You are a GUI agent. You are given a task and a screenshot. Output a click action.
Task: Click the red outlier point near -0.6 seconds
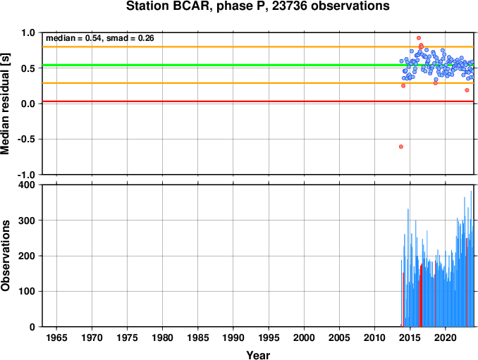(x=401, y=147)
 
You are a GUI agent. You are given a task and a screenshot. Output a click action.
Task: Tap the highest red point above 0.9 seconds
(x=419, y=38)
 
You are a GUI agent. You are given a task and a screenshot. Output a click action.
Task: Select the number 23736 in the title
(x=289, y=6)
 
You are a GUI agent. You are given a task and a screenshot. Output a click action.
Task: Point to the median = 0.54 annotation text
(x=73, y=38)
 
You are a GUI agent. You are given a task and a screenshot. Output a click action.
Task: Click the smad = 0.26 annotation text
(x=130, y=38)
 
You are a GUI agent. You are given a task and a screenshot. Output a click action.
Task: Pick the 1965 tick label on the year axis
(x=56, y=337)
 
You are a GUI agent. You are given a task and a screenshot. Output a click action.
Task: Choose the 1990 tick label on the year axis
(x=233, y=337)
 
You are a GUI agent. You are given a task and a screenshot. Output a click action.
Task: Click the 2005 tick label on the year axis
(x=339, y=337)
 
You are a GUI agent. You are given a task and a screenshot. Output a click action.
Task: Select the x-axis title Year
(x=258, y=355)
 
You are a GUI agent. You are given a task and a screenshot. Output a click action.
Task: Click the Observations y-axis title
(x=6, y=256)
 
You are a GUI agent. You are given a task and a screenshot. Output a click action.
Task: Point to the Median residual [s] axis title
(x=5, y=104)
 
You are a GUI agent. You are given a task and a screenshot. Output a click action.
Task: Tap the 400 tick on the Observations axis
(x=27, y=185)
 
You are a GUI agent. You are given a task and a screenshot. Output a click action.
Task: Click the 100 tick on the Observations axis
(x=27, y=291)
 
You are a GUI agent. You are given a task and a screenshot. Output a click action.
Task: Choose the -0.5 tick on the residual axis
(x=26, y=139)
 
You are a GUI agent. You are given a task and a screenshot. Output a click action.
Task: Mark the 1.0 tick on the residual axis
(x=28, y=32)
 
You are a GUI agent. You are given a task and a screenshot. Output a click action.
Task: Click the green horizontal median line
(x=258, y=66)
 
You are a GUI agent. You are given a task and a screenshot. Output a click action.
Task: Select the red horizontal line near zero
(x=258, y=101)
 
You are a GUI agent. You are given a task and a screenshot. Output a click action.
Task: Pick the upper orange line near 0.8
(x=258, y=46)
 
